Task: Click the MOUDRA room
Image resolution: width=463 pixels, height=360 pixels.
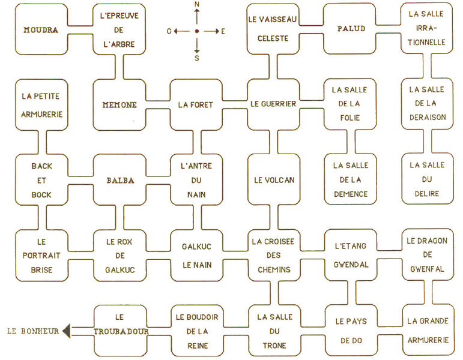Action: point(41,29)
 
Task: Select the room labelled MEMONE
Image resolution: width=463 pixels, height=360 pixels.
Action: point(120,104)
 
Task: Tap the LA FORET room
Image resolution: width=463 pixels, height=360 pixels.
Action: point(196,104)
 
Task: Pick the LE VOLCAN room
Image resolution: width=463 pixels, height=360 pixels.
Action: point(273,179)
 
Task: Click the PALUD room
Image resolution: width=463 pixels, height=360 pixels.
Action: point(351,29)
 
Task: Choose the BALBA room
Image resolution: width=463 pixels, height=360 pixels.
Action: point(120,179)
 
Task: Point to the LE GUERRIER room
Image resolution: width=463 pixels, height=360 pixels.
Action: point(273,104)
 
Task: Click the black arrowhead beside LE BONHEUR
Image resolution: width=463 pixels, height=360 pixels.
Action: point(66,331)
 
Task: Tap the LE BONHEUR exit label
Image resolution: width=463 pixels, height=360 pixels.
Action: point(33,331)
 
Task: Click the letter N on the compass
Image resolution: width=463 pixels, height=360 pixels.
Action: point(197,5)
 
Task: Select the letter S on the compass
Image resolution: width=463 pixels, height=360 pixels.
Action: point(197,58)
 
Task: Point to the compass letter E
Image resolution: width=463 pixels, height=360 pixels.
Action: point(223,31)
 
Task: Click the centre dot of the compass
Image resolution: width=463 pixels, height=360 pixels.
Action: point(197,31)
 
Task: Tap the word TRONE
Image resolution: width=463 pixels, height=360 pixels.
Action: point(273,345)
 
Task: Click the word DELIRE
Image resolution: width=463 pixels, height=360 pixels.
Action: point(427,194)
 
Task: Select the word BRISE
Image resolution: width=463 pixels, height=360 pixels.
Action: point(41,269)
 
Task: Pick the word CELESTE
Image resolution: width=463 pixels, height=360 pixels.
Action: point(273,38)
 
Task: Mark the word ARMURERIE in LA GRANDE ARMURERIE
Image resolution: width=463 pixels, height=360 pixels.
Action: point(427,340)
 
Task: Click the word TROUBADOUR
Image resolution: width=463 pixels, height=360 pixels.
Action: point(121,331)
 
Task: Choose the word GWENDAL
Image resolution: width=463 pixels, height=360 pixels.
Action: point(351,265)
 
